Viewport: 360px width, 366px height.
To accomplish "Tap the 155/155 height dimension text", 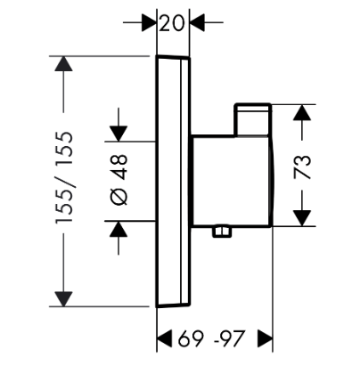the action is point(64,177).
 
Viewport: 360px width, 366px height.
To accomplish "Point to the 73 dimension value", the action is point(302,167).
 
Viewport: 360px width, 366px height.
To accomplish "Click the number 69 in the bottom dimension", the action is point(191,338).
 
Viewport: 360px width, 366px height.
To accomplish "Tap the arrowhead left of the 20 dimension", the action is point(149,22).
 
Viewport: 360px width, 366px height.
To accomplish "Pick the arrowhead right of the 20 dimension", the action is point(197,22).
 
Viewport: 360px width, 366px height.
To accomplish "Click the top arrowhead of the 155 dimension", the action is point(63,63).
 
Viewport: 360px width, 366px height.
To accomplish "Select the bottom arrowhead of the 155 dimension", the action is point(63,299).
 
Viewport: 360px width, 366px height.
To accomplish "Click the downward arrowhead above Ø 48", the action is point(119,134).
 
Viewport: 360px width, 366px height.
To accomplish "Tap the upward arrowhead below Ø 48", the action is point(119,229).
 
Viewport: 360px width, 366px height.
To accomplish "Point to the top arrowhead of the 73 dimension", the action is point(302,112).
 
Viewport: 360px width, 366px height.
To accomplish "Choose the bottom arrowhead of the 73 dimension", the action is point(302,218).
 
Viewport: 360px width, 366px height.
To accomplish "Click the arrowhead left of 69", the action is point(164,338).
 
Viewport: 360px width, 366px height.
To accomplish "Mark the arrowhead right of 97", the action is point(266,338).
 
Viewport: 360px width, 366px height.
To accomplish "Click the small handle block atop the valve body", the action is point(253,120).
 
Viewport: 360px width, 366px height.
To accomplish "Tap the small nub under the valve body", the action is point(222,232).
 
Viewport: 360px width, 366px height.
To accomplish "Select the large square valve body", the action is point(233,181).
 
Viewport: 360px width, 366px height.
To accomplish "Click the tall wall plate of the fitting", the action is point(173,181).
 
